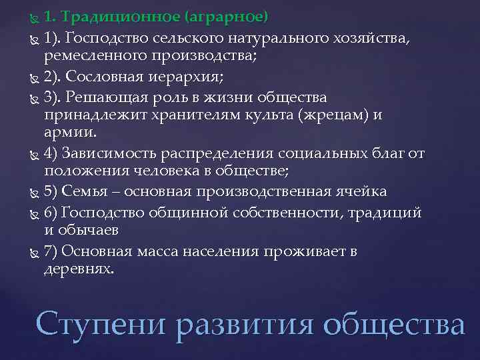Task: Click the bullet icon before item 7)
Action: point(35,253)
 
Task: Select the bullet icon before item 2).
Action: point(35,76)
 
